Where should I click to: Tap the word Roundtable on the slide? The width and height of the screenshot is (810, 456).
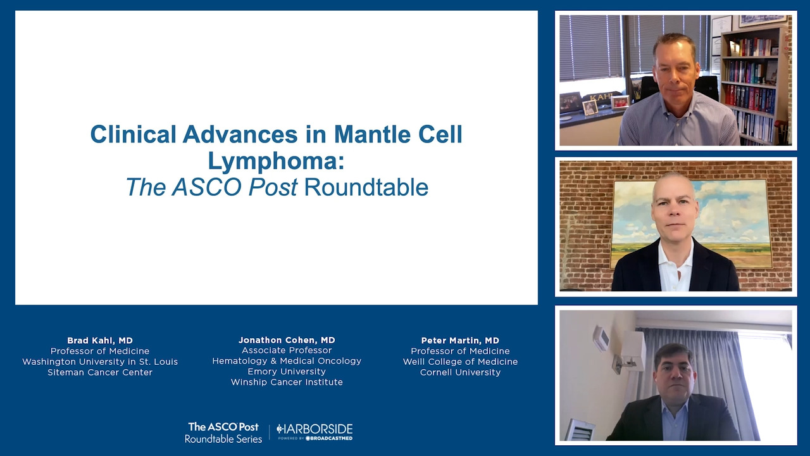tap(366, 187)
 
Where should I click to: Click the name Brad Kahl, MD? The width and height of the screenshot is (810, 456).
tap(100, 341)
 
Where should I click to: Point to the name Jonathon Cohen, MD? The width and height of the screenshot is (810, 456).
tap(287, 340)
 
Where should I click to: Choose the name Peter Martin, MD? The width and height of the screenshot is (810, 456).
tap(460, 341)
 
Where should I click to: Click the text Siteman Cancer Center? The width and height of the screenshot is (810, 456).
tap(100, 372)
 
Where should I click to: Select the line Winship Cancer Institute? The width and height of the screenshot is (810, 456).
tap(287, 382)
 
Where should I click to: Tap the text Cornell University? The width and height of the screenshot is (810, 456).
tap(460, 372)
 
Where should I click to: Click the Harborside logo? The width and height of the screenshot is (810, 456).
tap(315, 432)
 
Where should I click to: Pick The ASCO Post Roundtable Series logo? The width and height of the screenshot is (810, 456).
tap(223, 433)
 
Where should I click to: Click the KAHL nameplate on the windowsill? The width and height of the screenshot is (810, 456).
tap(597, 98)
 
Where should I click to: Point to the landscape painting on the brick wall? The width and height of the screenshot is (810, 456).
tap(692, 224)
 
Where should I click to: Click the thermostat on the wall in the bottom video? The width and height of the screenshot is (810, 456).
tap(601, 338)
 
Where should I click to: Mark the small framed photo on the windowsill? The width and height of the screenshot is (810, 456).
tap(590, 108)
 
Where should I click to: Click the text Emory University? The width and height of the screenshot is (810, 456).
tap(287, 371)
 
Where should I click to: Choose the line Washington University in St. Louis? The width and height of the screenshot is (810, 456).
tap(100, 362)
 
